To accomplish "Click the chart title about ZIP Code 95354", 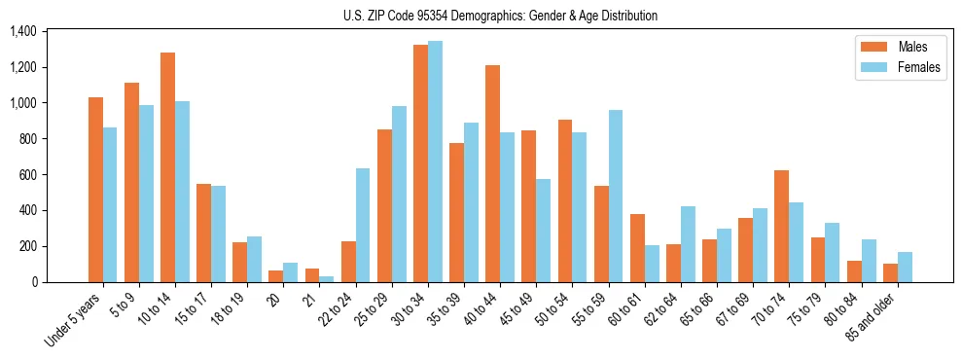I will coord(500,16).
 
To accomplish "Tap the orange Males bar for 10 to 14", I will coord(167,167).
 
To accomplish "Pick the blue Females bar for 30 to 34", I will coord(435,162).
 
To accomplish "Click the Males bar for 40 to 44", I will coord(492,174).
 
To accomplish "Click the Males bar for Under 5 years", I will coord(95,190).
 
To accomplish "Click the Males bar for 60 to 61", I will coord(637,248).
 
